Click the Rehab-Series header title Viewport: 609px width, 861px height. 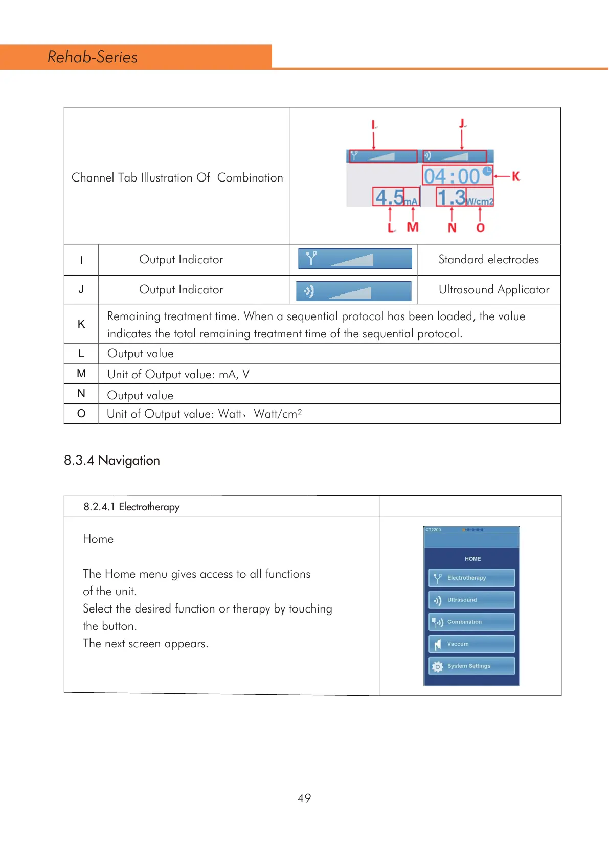[x=93, y=57]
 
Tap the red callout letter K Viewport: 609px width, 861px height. [x=516, y=176]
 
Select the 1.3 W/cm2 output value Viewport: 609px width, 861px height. [x=464, y=197]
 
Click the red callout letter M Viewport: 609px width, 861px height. [x=413, y=227]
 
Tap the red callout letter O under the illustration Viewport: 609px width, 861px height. [x=480, y=228]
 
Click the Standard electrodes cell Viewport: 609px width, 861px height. [x=488, y=260]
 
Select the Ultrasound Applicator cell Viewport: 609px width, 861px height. [x=493, y=290]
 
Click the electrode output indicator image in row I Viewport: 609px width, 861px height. [x=354, y=259]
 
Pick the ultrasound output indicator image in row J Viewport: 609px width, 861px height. [x=354, y=291]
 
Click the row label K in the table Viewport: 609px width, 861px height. [x=81, y=324]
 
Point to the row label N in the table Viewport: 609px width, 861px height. [x=81, y=394]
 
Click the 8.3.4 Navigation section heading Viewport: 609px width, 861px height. [x=112, y=460]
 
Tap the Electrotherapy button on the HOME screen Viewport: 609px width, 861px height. [x=471, y=578]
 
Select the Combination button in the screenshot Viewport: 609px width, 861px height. [x=471, y=622]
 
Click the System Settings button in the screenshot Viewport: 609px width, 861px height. [x=471, y=666]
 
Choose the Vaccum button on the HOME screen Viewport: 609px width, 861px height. [x=471, y=644]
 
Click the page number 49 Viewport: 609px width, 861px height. [x=304, y=798]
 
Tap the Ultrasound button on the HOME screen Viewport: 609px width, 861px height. [x=471, y=600]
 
